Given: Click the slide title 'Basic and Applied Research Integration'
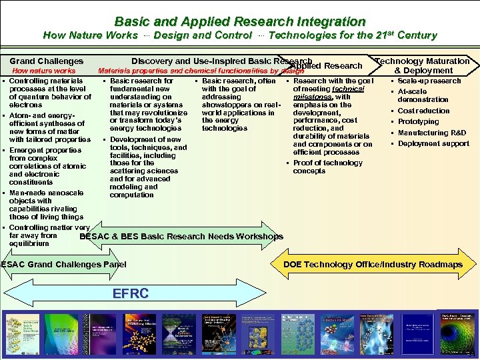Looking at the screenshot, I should point(240,21).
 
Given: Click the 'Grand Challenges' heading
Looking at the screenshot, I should point(47,61).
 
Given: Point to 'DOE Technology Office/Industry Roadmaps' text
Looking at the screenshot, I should point(373,265).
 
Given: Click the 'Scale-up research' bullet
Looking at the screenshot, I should point(429,81).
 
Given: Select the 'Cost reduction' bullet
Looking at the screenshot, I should point(423,111).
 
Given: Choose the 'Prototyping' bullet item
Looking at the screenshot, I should point(418,121).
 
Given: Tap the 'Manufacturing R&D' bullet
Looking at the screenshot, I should point(431,133).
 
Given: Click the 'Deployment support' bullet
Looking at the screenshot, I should point(433,143).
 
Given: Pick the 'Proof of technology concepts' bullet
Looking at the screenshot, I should point(327,167).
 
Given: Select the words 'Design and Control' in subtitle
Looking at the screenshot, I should point(203,35).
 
